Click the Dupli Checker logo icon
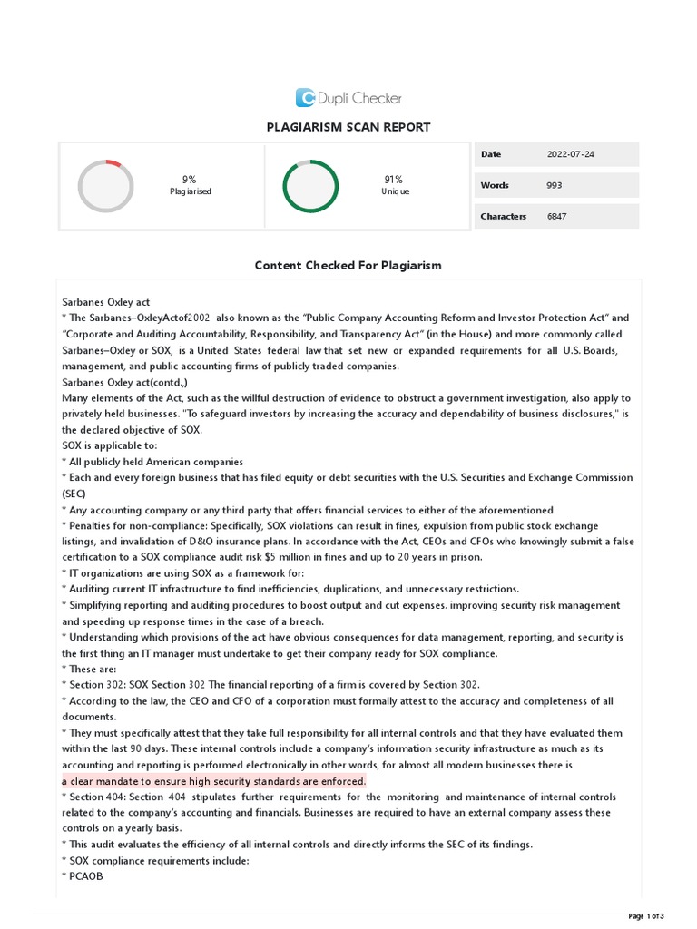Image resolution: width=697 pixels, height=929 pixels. point(305,98)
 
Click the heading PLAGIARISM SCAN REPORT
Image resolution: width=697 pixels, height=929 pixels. point(348,127)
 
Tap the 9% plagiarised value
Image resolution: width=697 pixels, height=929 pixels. point(189,180)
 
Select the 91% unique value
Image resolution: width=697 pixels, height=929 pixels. point(394,180)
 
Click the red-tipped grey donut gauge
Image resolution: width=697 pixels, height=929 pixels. point(105,186)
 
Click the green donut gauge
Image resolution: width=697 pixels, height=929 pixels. point(310,186)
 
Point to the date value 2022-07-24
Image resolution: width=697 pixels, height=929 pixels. point(571,154)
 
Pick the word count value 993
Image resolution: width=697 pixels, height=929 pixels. point(555,185)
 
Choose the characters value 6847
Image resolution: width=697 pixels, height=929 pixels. point(557,216)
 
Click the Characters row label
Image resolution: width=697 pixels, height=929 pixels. point(503,216)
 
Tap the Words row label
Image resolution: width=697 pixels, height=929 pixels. point(495,185)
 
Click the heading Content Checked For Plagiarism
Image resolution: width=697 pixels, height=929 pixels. point(348,266)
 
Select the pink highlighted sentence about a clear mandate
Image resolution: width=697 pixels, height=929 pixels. point(214,781)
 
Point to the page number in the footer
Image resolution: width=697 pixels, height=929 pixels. point(646,915)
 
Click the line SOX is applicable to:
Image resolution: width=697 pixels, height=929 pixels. point(110,445)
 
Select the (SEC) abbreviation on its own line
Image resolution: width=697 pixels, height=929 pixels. point(74,494)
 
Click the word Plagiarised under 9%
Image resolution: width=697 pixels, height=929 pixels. point(190,192)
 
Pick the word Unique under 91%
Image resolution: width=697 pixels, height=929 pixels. point(395,192)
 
